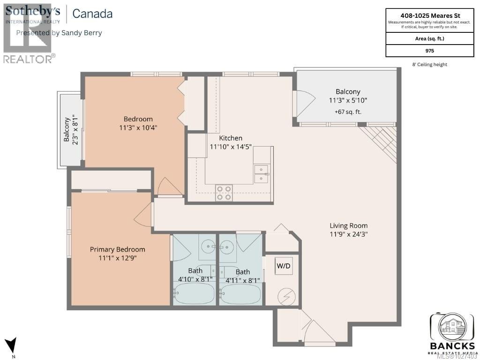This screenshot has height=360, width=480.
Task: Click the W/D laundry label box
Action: coord(284,266)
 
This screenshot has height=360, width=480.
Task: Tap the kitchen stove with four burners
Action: coord(224,193)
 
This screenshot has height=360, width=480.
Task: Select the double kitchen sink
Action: coord(261,173)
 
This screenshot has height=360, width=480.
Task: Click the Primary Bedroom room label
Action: coord(118,249)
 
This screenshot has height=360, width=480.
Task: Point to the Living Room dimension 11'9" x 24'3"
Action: coord(348,234)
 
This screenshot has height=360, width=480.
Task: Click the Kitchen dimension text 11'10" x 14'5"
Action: coord(231,146)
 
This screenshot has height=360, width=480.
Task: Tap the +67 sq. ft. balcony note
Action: coord(348,112)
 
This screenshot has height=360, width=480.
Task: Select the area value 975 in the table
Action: coord(429,51)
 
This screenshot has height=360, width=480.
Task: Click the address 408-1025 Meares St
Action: coord(429,14)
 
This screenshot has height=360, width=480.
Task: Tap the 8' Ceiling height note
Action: coord(429,64)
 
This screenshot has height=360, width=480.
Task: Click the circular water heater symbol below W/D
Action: coord(284,295)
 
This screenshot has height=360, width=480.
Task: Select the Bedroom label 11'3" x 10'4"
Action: coord(138,123)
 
